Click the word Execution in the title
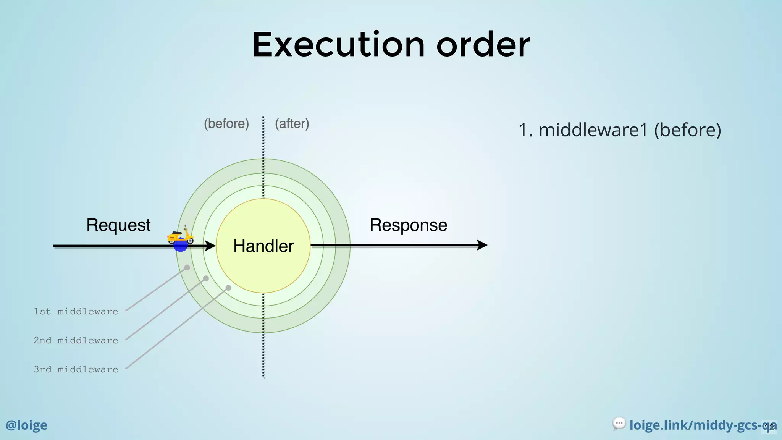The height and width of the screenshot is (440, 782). tap(338, 45)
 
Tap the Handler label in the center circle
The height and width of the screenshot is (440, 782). tap(263, 246)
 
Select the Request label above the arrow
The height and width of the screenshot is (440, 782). tap(118, 225)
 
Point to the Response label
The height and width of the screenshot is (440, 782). tap(408, 225)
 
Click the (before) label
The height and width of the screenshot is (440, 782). tap(226, 124)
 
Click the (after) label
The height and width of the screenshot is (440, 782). tap(292, 124)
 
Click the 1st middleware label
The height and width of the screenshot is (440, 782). tap(76, 312)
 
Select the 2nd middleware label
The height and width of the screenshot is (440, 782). tap(76, 341)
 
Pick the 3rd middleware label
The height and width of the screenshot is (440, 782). tap(76, 370)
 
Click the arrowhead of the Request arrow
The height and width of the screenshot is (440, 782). tap(210, 246)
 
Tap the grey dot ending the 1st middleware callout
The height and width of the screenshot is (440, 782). tap(187, 268)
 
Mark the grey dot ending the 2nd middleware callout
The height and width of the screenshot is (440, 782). tap(206, 278)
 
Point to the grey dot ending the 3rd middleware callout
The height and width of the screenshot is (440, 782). tap(228, 288)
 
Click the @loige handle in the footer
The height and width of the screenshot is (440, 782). tap(26, 425)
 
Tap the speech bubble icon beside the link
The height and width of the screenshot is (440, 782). tap(619, 424)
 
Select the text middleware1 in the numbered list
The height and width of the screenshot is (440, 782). tap(593, 130)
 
